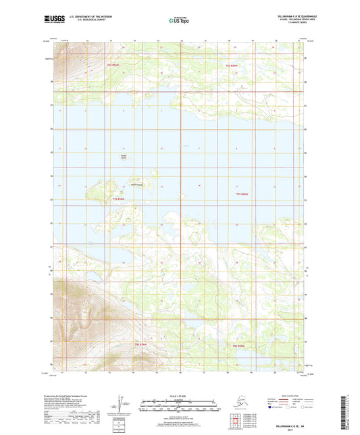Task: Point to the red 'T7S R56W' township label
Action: coord(119,199)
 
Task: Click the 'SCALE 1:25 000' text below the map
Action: coord(180,395)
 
